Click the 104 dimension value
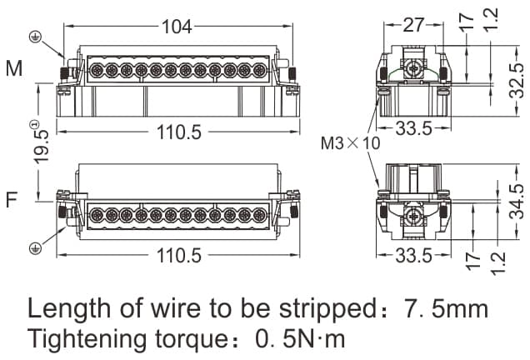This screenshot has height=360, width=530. [175, 26]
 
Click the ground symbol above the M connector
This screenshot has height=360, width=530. [35, 37]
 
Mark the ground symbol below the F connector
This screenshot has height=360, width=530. [36, 247]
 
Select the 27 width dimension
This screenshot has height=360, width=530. [412, 25]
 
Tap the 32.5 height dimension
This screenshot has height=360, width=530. [517, 78]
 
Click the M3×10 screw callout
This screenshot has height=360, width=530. [350, 143]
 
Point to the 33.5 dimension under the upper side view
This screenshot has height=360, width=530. [412, 129]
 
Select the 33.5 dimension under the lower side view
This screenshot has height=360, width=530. [412, 255]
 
